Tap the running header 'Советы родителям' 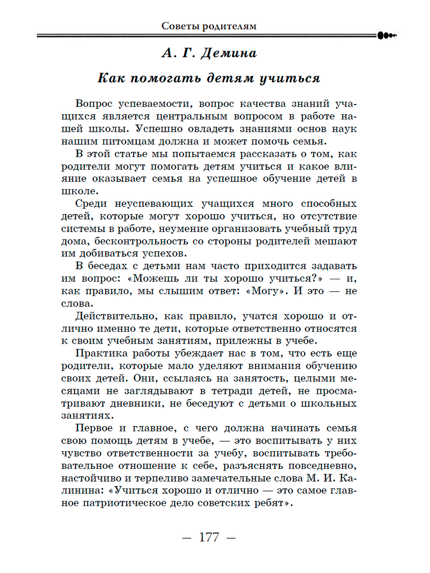click(x=209, y=26)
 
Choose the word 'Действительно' click(x=111, y=316)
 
